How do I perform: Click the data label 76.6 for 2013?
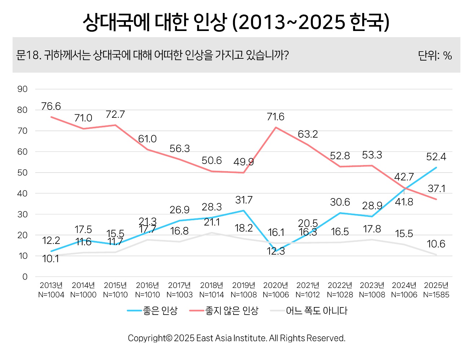click(51, 106)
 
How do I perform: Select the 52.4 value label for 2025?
click(436, 157)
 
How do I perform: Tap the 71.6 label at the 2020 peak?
click(275, 117)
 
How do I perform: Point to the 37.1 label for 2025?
click(436, 188)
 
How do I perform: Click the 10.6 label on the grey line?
click(436, 244)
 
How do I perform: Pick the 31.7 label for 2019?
click(244, 200)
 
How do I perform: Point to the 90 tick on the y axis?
click(22, 89)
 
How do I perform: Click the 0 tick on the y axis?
click(25, 277)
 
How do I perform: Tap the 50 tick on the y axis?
click(22, 173)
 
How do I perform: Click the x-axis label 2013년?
click(51, 285)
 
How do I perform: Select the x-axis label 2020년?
click(275, 285)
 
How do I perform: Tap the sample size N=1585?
click(436, 295)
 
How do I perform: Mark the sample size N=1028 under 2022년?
click(340, 295)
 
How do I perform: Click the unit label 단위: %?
click(435, 55)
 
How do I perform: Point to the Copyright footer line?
click(236, 338)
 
